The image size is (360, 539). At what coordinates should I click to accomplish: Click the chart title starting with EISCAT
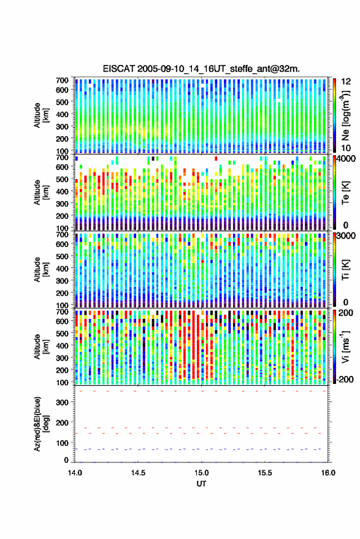(x=201, y=69)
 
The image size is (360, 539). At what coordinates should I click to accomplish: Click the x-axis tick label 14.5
(x=138, y=473)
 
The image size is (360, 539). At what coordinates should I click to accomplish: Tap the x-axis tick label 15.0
(x=201, y=473)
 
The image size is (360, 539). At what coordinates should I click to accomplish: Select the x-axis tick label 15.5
(x=265, y=473)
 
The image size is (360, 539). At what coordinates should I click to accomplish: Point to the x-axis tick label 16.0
(x=328, y=473)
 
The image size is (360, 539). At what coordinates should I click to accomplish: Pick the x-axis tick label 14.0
(x=75, y=473)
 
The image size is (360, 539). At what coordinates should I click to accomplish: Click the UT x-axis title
(x=201, y=484)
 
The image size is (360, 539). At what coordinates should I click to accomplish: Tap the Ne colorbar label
(x=345, y=115)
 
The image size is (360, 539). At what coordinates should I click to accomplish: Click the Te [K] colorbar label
(x=345, y=193)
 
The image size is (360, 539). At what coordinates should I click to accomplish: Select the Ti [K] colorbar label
(x=345, y=270)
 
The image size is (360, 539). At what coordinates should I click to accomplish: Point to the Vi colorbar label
(x=345, y=346)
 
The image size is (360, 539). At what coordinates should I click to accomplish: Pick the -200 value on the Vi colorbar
(x=345, y=380)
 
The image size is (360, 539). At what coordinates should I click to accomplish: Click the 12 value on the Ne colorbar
(x=347, y=82)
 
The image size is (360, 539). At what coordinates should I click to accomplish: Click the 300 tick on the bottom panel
(x=62, y=402)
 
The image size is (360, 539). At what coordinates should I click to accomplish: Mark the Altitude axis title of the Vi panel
(x=41, y=346)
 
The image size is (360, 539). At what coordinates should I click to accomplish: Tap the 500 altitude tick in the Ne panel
(x=62, y=102)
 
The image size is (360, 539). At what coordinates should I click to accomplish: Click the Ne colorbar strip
(x=335, y=115)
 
